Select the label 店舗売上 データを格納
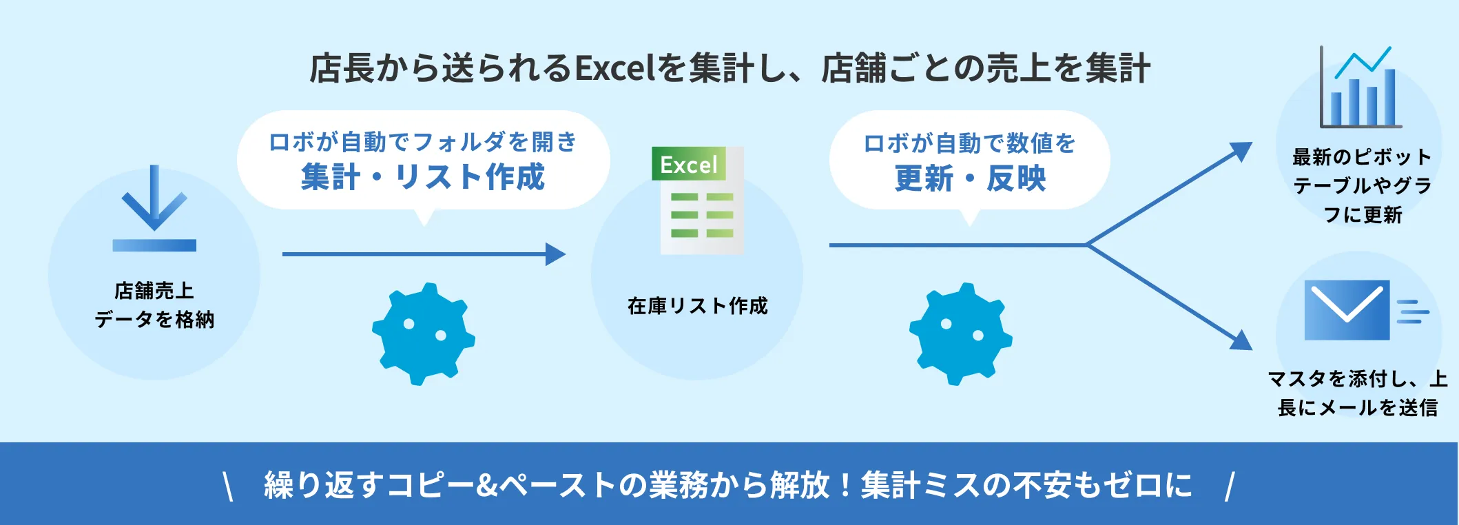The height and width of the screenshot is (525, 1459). tap(154, 305)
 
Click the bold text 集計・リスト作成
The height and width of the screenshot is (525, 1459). tap(423, 177)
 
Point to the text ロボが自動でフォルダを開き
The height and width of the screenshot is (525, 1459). tap(423, 142)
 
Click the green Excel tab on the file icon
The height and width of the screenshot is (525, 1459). tap(688, 165)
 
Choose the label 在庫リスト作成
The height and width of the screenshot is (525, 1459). tap(697, 306)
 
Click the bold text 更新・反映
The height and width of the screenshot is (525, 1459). tap(970, 178)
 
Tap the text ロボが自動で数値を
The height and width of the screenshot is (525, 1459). tap(970, 143)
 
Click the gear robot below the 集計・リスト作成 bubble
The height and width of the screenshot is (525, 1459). tap(423, 333)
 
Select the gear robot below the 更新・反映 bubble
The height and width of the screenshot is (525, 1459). tap(960, 333)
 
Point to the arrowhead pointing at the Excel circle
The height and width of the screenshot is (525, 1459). tap(555, 254)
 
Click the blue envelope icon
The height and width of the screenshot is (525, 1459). tap(1347, 310)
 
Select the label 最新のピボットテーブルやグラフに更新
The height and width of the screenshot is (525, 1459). tap(1362, 186)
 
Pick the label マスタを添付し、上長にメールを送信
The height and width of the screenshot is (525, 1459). tap(1357, 393)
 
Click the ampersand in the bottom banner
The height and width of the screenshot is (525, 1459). tap(486, 485)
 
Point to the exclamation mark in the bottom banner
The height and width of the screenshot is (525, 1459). tap(845, 485)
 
